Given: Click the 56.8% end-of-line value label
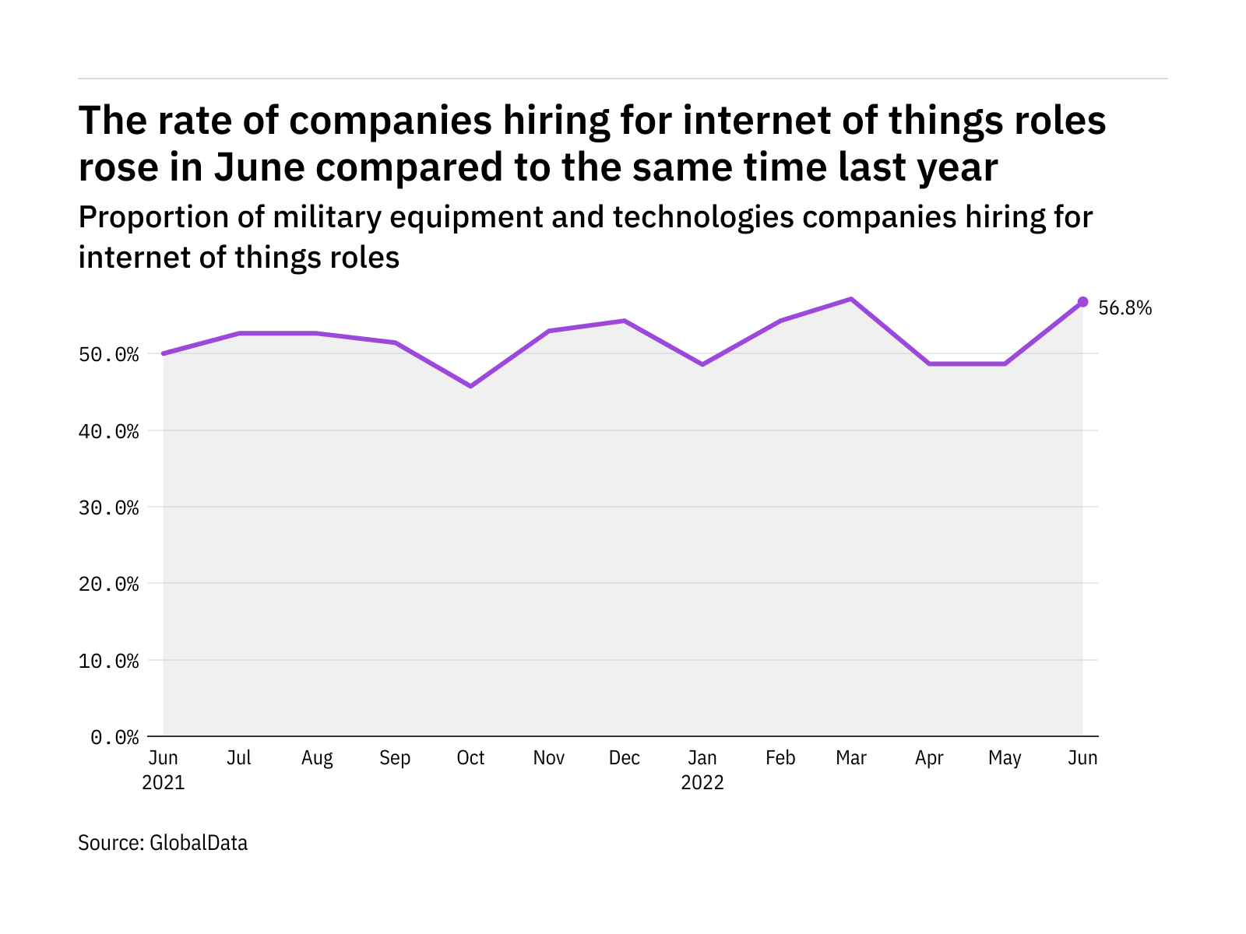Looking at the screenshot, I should click(x=1125, y=308).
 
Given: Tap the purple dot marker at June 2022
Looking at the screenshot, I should click(x=1082, y=301).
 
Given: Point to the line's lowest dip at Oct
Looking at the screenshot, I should click(x=470, y=386).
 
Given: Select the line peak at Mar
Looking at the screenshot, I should click(x=851, y=299).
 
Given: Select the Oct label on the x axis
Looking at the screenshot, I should click(x=470, y=758).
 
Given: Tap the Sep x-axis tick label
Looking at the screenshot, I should click(x=395, y=758).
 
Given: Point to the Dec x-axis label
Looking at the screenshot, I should click(x=625, y=758).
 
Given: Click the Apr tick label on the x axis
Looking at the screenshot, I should click(x=929, y=758).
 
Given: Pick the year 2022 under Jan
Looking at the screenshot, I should click(x=702, y=783).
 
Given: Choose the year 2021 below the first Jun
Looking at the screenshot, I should click(x=164, y=783).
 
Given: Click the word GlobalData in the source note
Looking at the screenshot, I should click(x=199, y=843).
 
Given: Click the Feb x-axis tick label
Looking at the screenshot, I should click(x=780, y=758).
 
